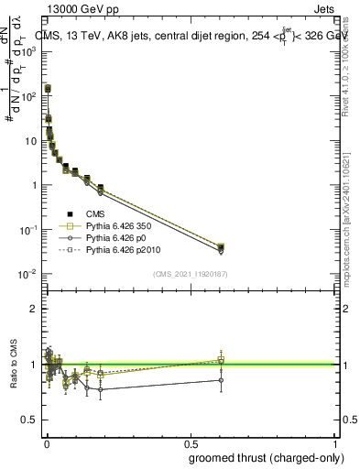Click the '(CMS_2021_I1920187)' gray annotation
(191, 274)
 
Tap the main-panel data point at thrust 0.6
(221, 247)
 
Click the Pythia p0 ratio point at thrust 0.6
(221, 380)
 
